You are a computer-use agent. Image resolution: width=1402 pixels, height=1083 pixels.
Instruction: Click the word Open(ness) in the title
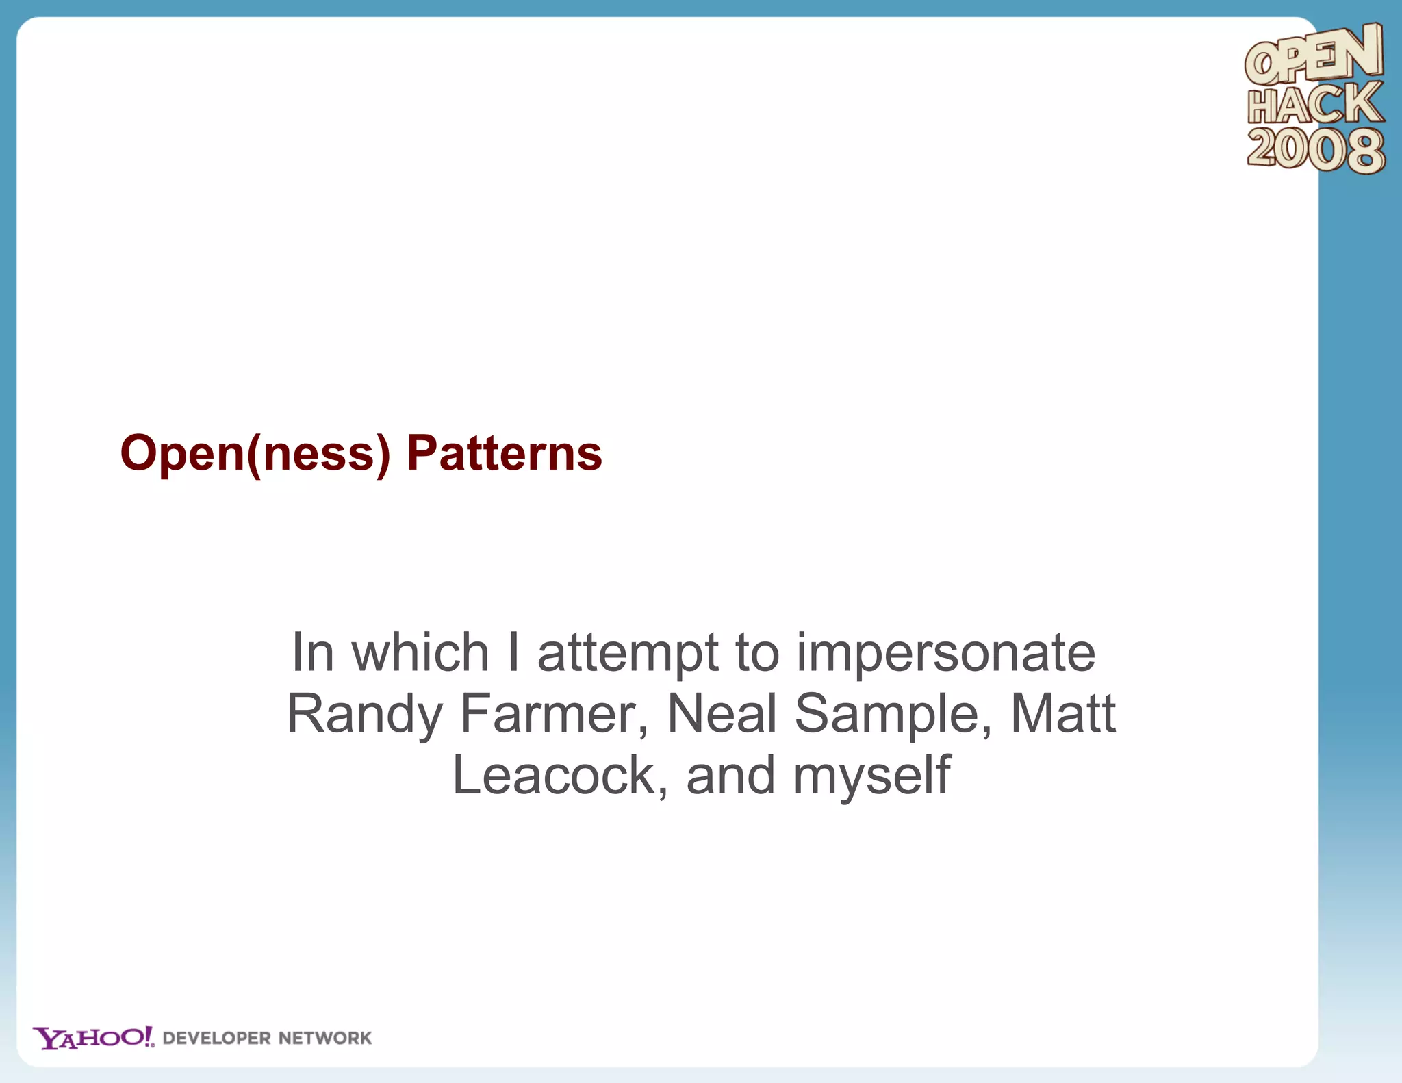pos(255,454)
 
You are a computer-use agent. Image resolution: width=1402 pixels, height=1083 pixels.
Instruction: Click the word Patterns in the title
pos(504,454)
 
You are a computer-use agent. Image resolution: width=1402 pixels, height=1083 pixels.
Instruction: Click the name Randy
pos(364,714)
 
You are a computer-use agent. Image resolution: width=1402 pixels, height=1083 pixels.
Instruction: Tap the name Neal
pos(722,714)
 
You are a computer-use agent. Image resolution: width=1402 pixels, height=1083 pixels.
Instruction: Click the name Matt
pos(1063,714)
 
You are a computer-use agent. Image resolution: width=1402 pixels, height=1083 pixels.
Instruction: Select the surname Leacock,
pos(560,776)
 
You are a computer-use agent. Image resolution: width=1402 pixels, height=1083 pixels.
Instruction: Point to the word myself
pos(871,776)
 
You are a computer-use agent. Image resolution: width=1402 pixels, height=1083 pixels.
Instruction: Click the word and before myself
pos(730,776)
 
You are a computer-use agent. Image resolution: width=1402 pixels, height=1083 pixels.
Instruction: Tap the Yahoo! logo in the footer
pos(94,1038)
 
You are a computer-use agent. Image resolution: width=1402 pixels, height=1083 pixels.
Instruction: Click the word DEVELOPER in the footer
pos(217,1039)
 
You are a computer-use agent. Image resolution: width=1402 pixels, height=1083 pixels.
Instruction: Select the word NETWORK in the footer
pos(325,1039)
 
